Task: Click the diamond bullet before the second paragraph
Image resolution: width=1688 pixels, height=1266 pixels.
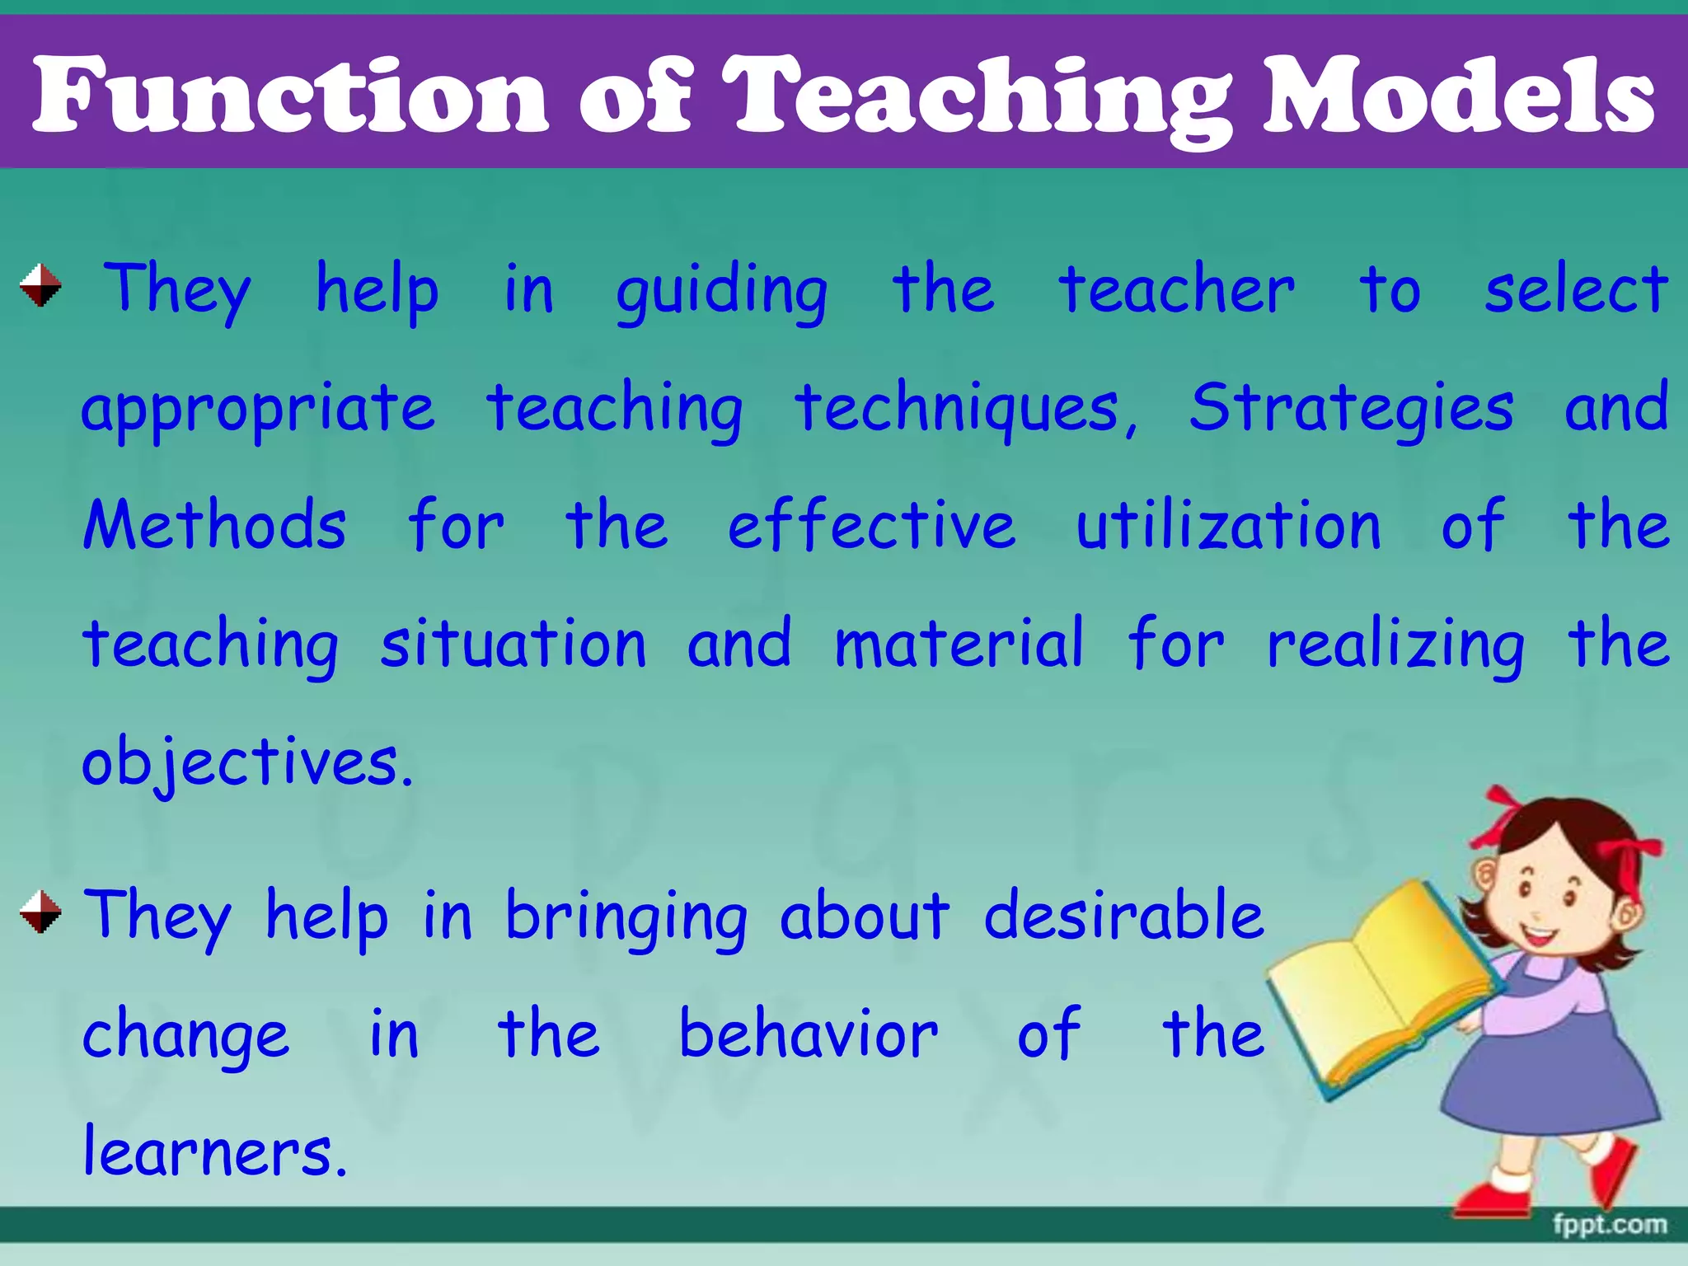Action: [x=40, y=913]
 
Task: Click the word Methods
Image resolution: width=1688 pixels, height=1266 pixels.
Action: [x=214, y=526]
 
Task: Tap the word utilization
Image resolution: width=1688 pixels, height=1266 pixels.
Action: [x=1228, y=526]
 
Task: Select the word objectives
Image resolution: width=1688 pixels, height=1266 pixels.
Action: [x=246, y=762]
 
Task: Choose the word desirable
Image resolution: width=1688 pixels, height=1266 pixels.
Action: [x=1124, y=917]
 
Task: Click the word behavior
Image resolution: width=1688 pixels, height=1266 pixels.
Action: [x=808, y=1034]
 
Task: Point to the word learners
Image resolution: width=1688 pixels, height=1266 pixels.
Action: [x=214, y=1152]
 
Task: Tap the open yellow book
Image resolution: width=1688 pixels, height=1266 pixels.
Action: [x=1376, y=989]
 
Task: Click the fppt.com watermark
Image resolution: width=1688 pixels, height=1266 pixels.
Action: [x=1610, y=1226]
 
